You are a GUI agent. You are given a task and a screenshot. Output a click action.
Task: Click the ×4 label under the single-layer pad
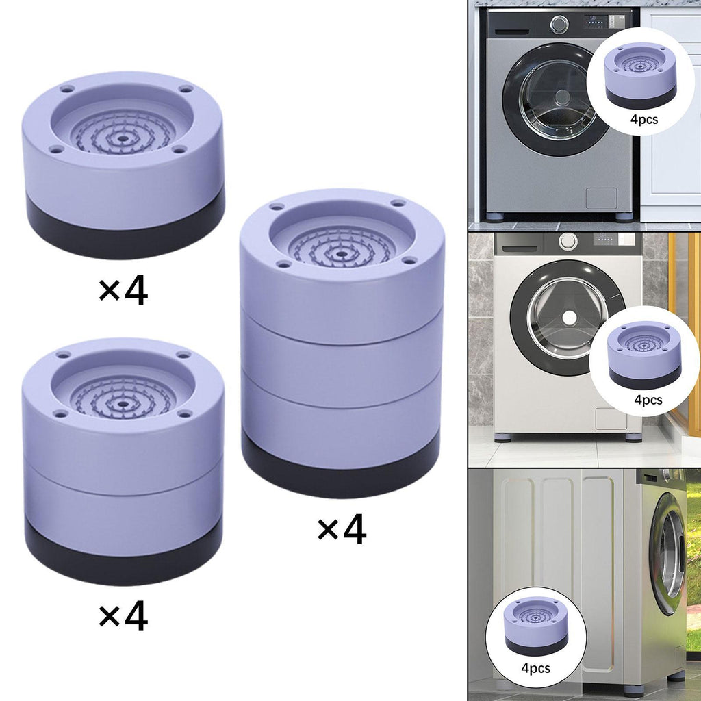click(x=123, y=292)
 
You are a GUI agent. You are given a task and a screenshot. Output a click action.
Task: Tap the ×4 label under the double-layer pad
click(x=123, y=617)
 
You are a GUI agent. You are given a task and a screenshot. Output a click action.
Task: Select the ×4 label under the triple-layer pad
click(x=342, y=531)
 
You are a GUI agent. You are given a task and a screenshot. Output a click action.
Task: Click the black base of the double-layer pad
click(x=124, y=555)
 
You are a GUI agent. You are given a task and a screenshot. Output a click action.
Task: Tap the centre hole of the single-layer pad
click(x=121, y=138)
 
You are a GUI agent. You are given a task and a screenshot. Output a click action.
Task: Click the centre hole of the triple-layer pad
click(x=342, y=254)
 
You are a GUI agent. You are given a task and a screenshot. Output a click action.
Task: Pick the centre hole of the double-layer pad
click(x=122, y=404)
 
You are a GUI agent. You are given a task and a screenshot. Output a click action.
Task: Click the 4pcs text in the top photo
click(x=644, y=119)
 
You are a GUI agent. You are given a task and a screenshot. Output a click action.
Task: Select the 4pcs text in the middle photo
click(x=648, y=400)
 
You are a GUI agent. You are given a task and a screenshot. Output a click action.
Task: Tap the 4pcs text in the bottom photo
click(x=535, y=668)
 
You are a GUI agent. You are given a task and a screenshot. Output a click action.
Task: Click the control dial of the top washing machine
click(x=559, y=24)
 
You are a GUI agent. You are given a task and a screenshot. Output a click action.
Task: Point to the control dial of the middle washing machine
click(x=568, y=242)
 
